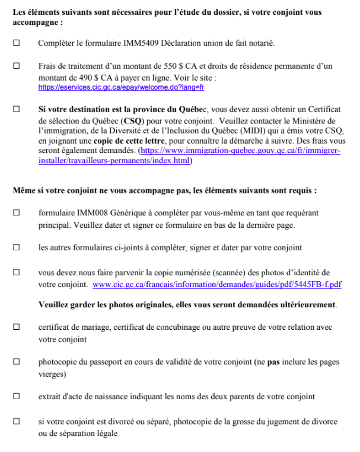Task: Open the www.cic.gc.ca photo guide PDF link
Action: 217,285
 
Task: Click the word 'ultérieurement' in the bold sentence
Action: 305,305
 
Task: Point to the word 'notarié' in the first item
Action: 261,43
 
